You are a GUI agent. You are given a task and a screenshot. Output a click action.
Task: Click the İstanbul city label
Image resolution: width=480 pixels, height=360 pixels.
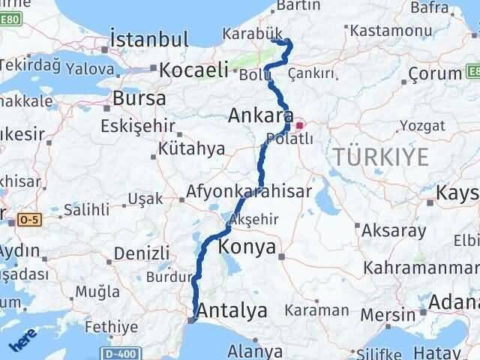148,39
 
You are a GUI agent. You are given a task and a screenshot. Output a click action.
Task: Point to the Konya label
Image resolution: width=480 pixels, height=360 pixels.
247,248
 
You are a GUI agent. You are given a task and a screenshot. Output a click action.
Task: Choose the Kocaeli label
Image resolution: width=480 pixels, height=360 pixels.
193,70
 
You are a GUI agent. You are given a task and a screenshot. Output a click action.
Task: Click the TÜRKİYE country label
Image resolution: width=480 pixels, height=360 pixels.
382,157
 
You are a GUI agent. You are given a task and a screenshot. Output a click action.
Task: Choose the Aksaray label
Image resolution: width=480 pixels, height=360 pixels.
393,230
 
